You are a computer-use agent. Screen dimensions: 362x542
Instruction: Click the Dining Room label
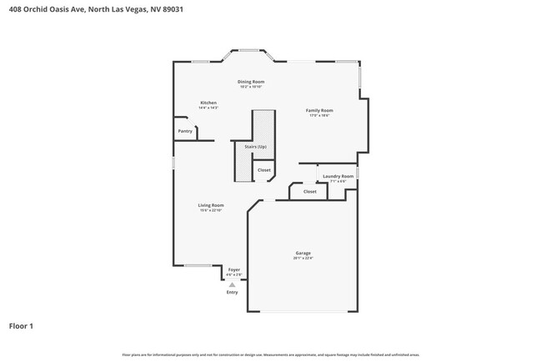coord(251,82)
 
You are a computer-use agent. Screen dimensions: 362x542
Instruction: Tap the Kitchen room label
coord(208,103)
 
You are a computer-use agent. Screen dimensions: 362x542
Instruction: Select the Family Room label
coord(320,110)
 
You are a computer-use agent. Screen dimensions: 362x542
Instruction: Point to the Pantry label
coord(185,131)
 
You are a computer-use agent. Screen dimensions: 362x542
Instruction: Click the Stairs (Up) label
coord(255,147)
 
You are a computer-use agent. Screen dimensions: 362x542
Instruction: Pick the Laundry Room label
coord(339,176)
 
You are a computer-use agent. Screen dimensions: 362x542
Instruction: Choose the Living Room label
coord(211,205)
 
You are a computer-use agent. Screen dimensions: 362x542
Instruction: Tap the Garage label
coord(303,253)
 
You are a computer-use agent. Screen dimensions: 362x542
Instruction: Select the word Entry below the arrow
coord(232,292)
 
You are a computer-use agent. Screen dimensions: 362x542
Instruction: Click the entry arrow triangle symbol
coord(233,284)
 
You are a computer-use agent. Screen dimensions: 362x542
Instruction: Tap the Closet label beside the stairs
coord(263,170)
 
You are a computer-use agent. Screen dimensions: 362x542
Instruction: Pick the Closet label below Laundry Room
coord(309,192)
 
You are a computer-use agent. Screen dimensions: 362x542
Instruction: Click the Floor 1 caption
coord(22,325)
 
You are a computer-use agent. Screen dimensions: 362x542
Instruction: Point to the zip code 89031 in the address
coord(172,10)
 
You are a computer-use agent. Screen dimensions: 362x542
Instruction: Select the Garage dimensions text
coord(303,259)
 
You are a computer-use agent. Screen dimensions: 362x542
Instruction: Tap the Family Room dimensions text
coord(320,116)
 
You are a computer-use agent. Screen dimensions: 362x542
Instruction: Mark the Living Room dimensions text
coord(211,211)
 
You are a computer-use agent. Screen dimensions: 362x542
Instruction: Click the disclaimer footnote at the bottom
coord(270,354)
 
